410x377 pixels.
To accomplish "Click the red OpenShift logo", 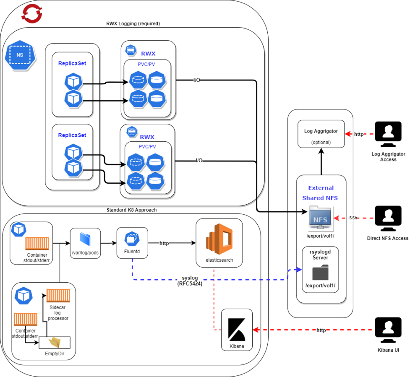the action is pos(31,13).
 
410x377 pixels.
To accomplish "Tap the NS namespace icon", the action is pos(20,55).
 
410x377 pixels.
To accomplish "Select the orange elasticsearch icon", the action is pos(219,239).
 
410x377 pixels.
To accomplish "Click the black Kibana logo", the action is pos(237,330).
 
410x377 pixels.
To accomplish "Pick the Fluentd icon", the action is pos(132,239).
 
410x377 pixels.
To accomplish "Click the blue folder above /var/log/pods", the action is pos(85,239).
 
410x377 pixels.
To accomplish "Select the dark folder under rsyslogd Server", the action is pos(320,272).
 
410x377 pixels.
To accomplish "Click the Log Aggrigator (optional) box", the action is pos(321,134).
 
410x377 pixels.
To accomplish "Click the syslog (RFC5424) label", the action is pos(190,281).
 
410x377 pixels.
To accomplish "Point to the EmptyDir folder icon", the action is pos(55,342).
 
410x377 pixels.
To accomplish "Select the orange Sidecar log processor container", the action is pos(58,295).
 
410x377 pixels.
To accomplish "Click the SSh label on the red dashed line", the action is pos(353,218).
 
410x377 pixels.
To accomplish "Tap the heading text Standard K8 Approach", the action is pos(131,210).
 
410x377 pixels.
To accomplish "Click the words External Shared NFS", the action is pos(320,193).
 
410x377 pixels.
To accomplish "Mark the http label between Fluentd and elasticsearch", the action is pos(164,243).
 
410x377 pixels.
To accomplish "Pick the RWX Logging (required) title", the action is pos(133,23).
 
